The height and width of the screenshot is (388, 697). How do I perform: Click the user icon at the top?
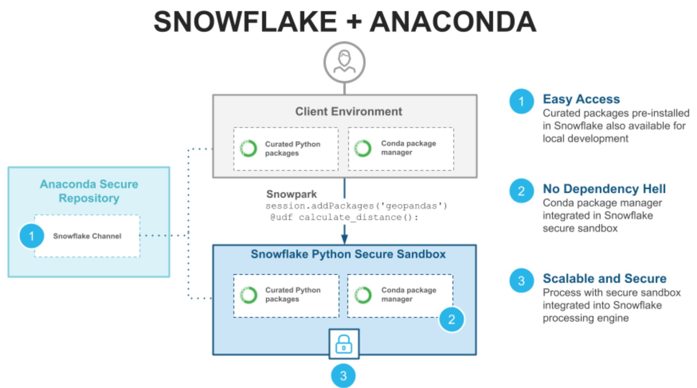[x=344, y=62]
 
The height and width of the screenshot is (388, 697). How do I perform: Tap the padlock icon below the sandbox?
[x=344, y=344]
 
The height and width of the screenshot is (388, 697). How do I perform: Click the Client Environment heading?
[x=348, y=112]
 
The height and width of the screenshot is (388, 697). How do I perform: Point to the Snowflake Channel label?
[x=87, y=236]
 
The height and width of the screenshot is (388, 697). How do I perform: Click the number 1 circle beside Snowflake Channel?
[x=31, y=236]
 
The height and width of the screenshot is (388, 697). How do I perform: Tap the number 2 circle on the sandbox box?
[x=452, y=319]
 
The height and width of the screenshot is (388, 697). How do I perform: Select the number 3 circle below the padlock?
[x=343, y=376]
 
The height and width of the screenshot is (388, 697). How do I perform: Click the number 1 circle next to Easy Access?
[x=522, y=101]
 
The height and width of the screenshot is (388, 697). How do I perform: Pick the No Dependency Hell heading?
[x=604, y=189]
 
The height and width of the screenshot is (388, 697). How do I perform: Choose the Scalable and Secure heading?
[x=604, y=279]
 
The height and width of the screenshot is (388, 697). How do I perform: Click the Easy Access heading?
[x=581, y=99]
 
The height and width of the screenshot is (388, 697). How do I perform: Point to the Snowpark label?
[x=292, y=194]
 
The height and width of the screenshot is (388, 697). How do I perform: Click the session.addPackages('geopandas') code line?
[x=356, y=206]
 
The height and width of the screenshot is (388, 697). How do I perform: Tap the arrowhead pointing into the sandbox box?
[x=344, y=239]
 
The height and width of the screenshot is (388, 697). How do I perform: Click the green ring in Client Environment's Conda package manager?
[x=363, y=148]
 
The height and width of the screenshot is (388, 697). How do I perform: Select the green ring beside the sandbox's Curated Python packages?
[x=248, y=295]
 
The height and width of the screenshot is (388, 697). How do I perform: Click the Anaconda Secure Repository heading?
[x=89, y=191]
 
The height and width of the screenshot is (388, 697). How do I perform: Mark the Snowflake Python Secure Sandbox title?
[x=348, y=254]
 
